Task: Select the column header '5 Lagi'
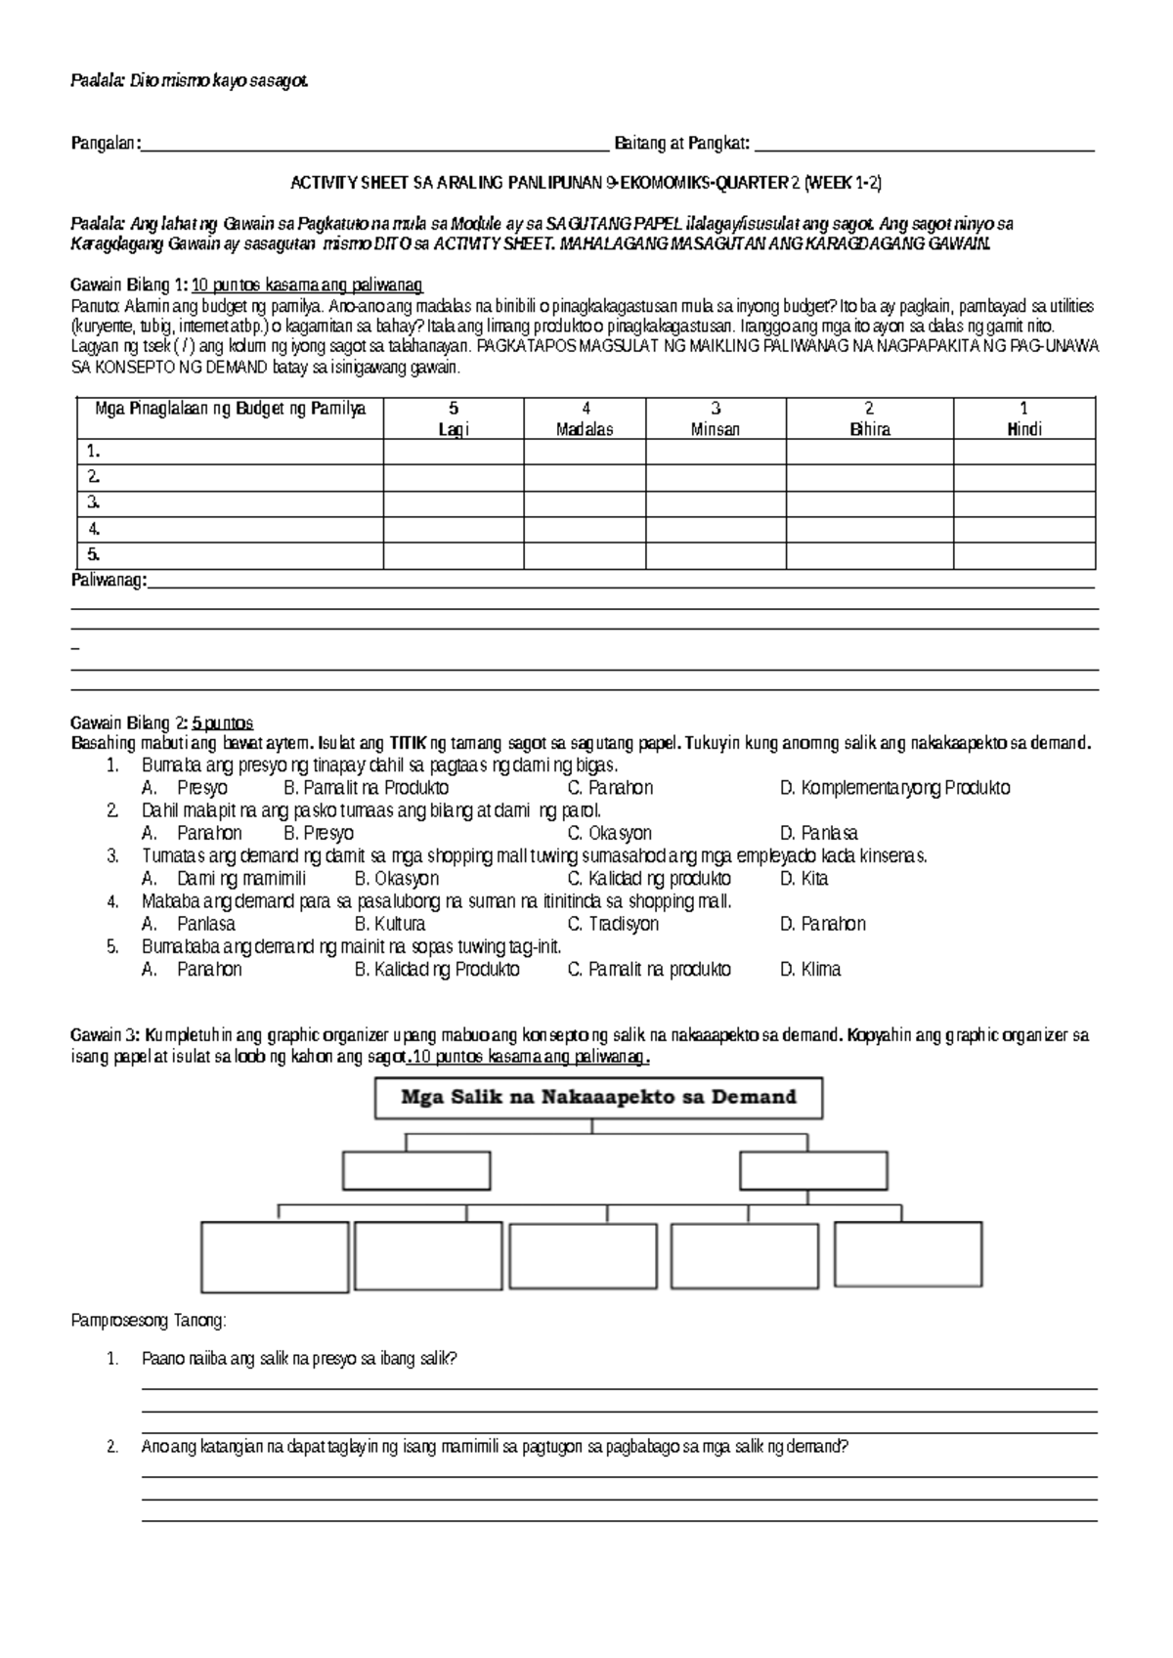tap(453, 418)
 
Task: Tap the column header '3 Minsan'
tap(716, 418)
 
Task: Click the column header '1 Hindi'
tap(1023, 418)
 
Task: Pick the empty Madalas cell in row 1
tap(584, 452)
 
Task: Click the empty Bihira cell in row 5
tap(869, 555)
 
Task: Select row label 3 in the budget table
tap(94, 503)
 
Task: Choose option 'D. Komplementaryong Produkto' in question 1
tap(894, 788)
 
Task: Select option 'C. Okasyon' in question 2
tap(609, 834)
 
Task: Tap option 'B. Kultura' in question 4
tap(389, 924)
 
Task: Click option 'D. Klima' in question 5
tap(809, 970)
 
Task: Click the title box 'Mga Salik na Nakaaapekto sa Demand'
tap(598, 1098)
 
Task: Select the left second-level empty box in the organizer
tap(416, 1170)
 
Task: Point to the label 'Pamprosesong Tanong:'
tap(148, 1322)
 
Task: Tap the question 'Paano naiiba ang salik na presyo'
tap(299, 1359)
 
